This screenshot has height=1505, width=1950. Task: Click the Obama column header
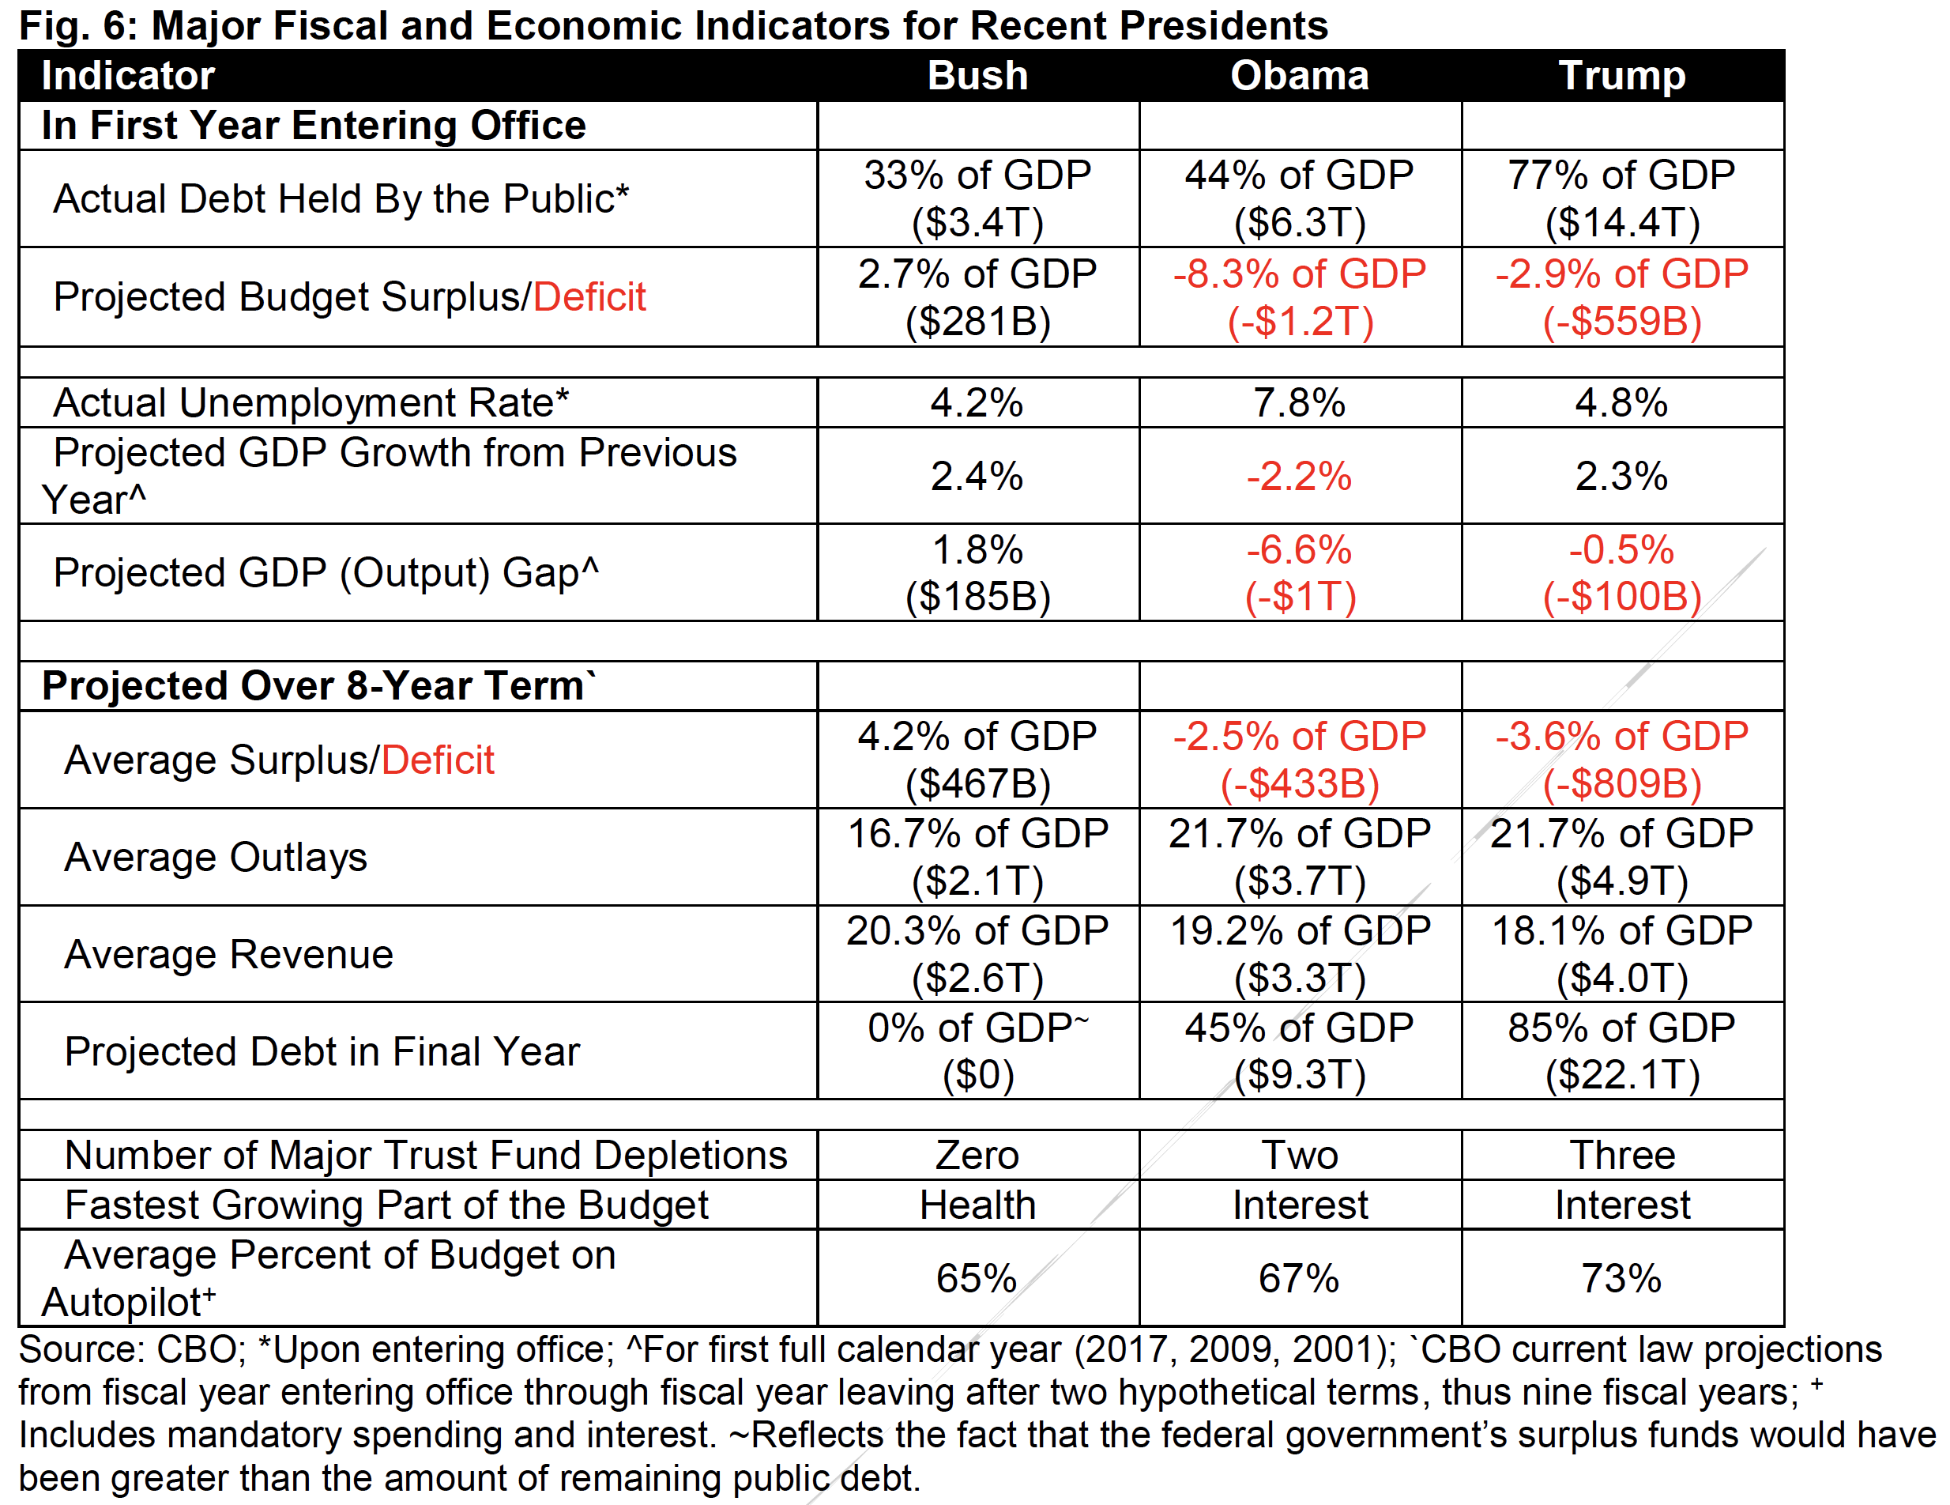click(x=1299, y=76)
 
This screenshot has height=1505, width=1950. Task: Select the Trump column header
click(x=1621, y=76)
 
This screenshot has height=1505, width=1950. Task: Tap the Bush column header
click(x=977, y=76)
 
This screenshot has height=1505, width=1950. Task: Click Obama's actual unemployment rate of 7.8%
click(x=1299, y=403)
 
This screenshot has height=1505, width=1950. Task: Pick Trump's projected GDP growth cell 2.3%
click(x=1621, y=476)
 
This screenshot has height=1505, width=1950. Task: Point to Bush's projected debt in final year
click(x=977, y=1051)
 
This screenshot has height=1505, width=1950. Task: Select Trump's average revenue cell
click(x=1621, y=954)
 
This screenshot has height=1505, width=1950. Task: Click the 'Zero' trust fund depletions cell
click(x=977, y=1155)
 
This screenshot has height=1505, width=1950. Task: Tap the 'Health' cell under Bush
click(x=977, y=1205)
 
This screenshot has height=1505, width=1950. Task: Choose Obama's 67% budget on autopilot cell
click(x=1299, y=1278)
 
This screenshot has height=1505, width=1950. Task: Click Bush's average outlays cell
click(x=977, y=858)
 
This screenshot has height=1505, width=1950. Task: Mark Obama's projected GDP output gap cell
click(x=1299, y=572)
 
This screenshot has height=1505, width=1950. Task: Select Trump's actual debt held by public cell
click(x=1621, y=198)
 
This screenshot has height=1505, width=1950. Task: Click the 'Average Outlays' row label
click(x=215, y=858)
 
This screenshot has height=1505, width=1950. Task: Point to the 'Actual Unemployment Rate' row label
click(x=311, y=403)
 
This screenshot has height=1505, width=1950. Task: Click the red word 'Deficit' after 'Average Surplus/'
click(x=438, y=760)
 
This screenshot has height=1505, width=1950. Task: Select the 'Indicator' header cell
click(x=128, y=76)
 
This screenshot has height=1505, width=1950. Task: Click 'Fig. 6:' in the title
click(x=77, y=25)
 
